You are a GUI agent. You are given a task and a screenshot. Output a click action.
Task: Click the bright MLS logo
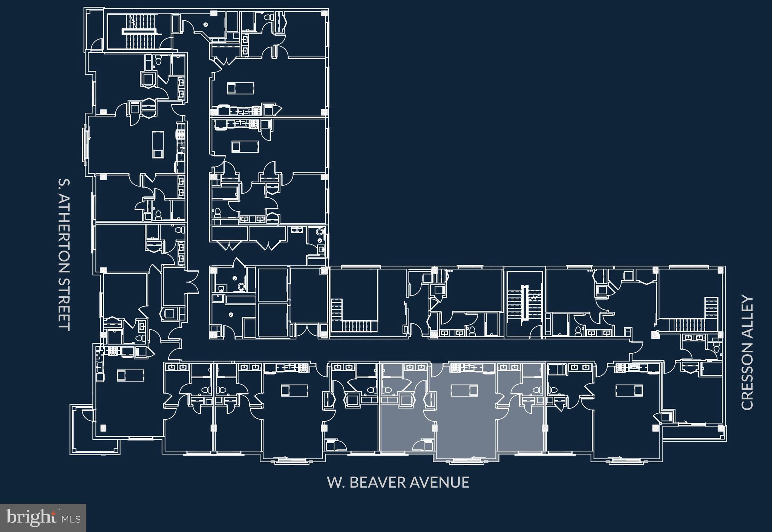point(43,518)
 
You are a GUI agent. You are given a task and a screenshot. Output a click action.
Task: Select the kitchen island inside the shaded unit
point(465,390)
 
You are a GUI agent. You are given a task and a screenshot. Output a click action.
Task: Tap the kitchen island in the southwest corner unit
point(130,375)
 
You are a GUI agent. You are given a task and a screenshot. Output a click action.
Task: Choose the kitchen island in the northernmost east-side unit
point(240,89)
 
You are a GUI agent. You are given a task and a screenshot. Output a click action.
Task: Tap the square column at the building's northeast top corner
point(323,13)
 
